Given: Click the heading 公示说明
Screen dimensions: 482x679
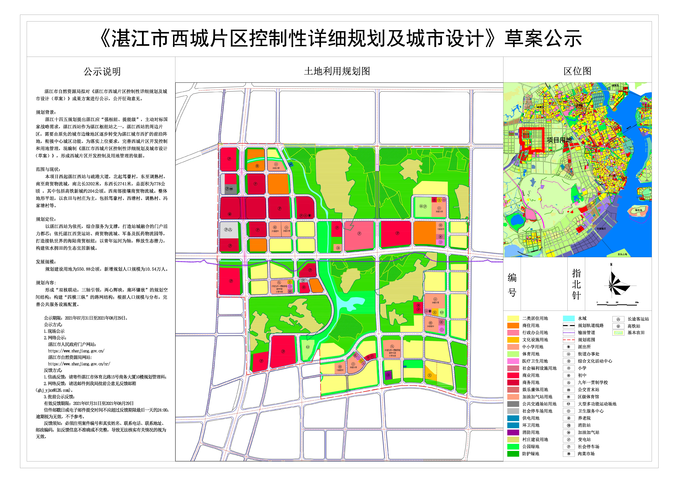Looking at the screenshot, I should pyautogui.click(x=102, y=72).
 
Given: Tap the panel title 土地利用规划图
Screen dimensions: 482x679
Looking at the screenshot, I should pyautogui.click(x=337, y=71).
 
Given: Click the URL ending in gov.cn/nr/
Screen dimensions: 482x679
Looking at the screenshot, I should pyautogui.click(x=79, y=364).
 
